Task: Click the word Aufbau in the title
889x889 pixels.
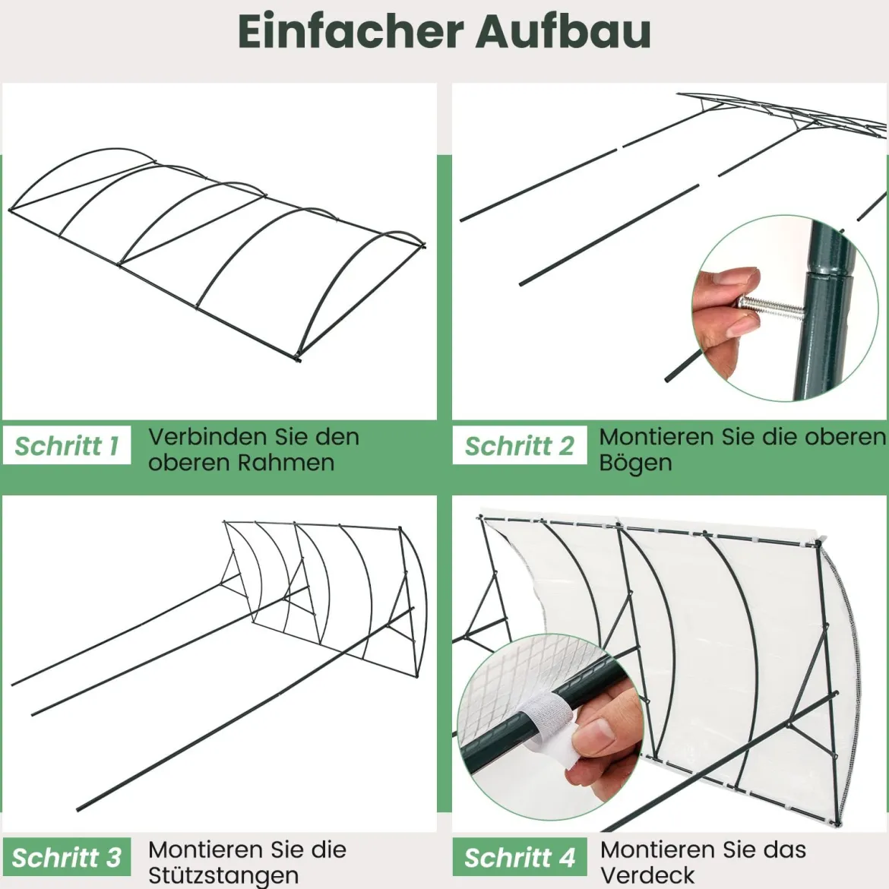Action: [x=563, y=31]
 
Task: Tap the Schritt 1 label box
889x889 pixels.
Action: [x=67, y=445]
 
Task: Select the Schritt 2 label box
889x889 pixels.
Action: [x=519, y=445]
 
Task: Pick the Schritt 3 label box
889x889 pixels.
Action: [x=67, y=857]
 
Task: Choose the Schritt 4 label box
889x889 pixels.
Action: [x=519, y=857]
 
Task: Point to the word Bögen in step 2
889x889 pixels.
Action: [x=635, y=463]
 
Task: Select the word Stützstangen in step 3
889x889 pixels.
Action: [x=223, y=876]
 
